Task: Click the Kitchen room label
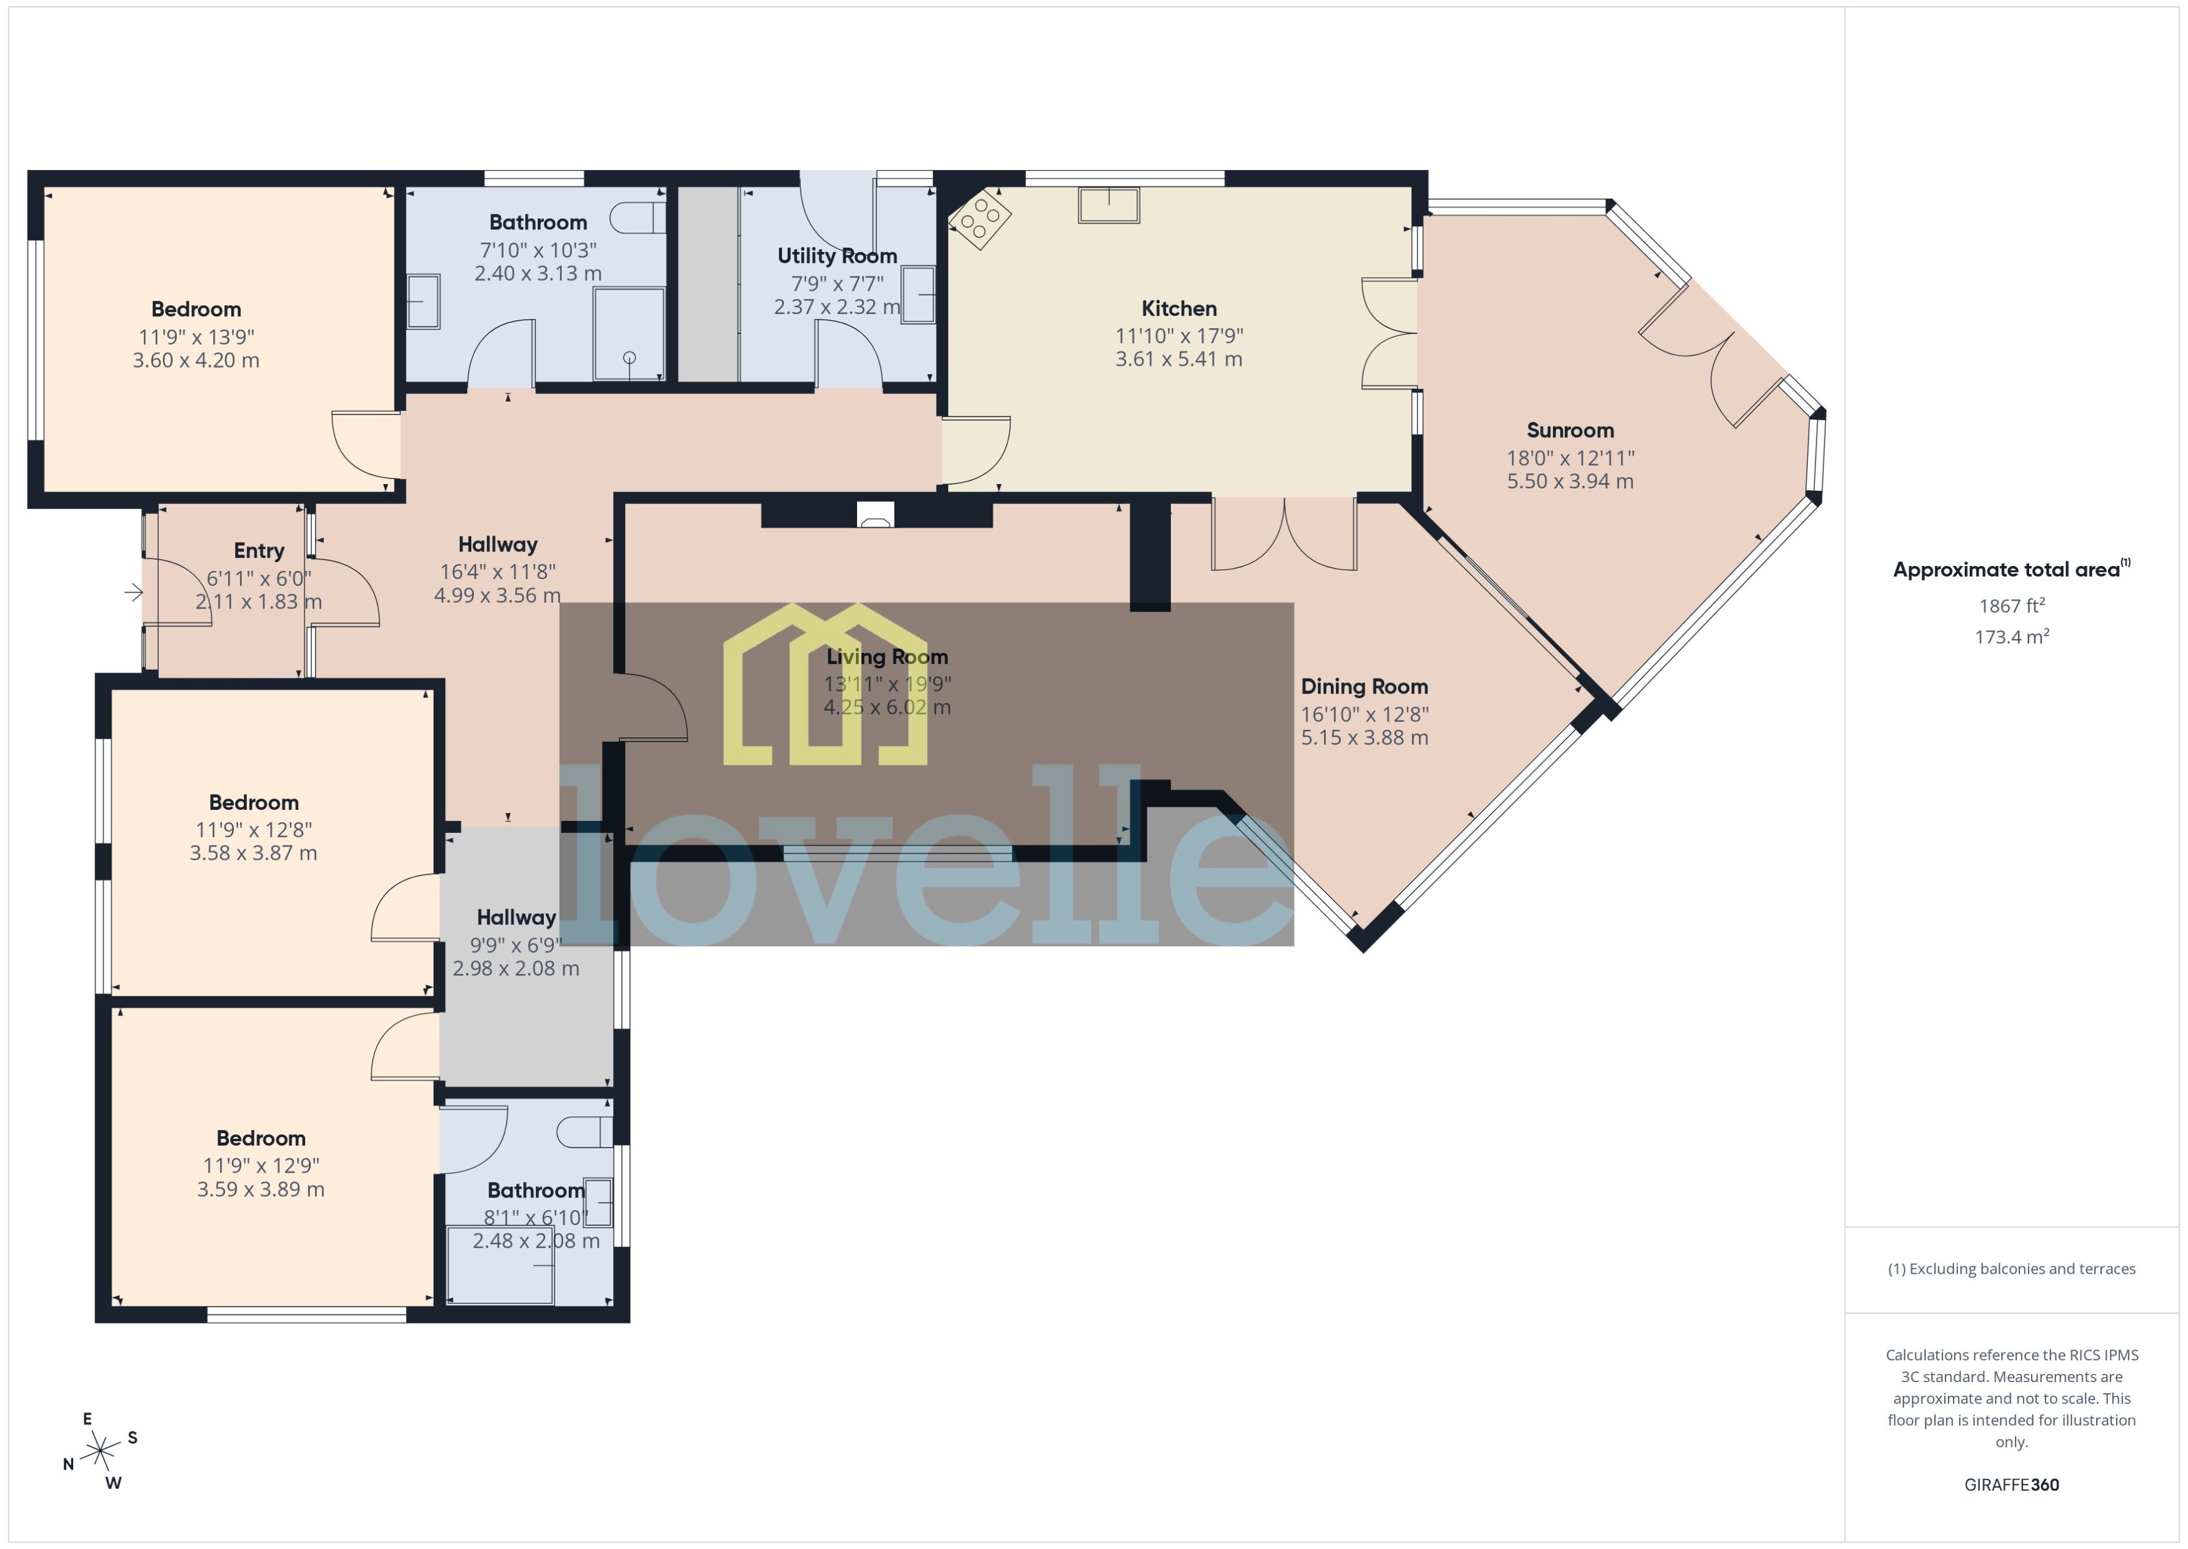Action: (1178, 308)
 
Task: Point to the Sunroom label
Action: (1569, 430)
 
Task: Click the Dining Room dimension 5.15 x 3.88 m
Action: (1364, 737)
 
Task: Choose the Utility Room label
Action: (836, 256)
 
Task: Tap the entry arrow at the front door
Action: (134, 593)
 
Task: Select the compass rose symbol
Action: (100, 1451)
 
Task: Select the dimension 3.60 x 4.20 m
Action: (196, 361)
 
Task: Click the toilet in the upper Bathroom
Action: (637, 218)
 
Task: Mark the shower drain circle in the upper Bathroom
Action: (630, 358)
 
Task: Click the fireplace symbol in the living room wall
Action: (875, 515)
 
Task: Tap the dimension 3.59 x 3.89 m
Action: (260, 1189)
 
